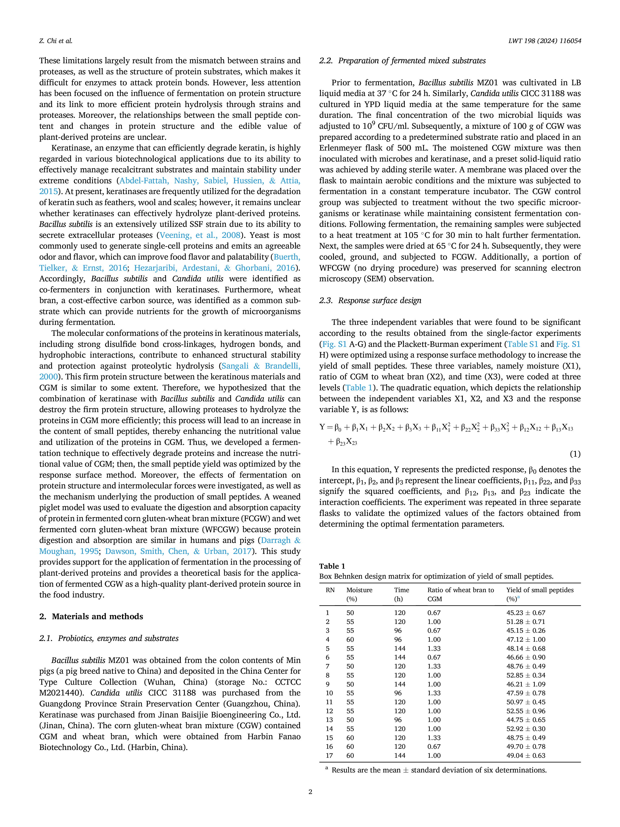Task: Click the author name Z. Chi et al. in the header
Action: pos(56,41)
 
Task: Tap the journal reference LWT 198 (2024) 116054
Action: pos(544,41)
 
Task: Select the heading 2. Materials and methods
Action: pos(91,616)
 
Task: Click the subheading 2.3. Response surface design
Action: pos(370,300)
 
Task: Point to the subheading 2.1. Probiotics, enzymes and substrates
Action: pos(109,638)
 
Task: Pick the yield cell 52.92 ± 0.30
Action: pos(526,729)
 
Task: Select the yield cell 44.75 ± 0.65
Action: pos(526,720)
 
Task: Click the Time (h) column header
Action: pos(402,594)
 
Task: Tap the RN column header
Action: pos(330,590)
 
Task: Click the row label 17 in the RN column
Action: pos(329,755)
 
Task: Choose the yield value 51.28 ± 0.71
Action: pos(526,622)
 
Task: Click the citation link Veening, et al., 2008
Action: pos(200,235)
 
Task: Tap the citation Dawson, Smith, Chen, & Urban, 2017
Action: pos(178,551)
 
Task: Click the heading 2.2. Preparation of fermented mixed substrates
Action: pos(402,61)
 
